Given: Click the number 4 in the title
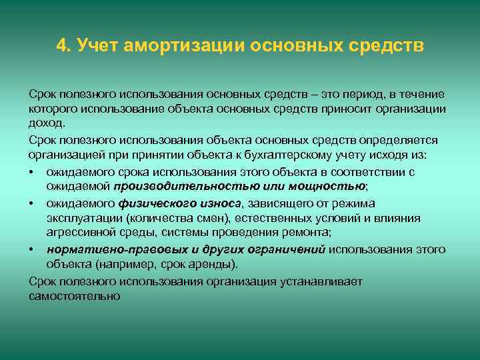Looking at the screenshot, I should (x=62, y=46).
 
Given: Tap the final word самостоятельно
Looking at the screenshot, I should (x=75, y=296).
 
